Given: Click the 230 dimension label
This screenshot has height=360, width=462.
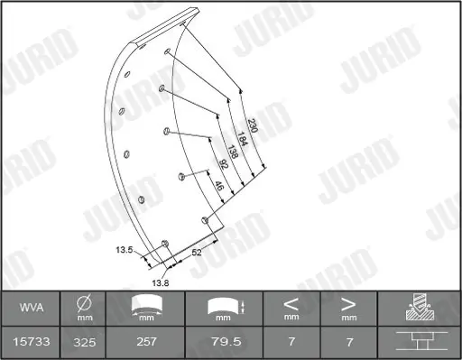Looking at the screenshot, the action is (253, 125).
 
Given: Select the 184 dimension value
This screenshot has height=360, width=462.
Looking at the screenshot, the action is (242, 139).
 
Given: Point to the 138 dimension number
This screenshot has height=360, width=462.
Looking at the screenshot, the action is (233, 152).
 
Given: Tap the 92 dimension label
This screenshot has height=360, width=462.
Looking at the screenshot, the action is (223, 164).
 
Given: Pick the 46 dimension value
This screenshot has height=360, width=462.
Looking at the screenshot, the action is (219, 186).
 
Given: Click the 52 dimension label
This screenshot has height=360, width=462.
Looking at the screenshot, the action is (197, 252).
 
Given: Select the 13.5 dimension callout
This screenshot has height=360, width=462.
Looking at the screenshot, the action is (125, 250).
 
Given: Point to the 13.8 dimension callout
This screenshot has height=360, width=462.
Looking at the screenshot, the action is (161, 283).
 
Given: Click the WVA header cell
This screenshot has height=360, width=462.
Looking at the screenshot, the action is (32, 308).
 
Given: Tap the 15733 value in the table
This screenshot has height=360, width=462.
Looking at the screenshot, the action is (32, 342).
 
